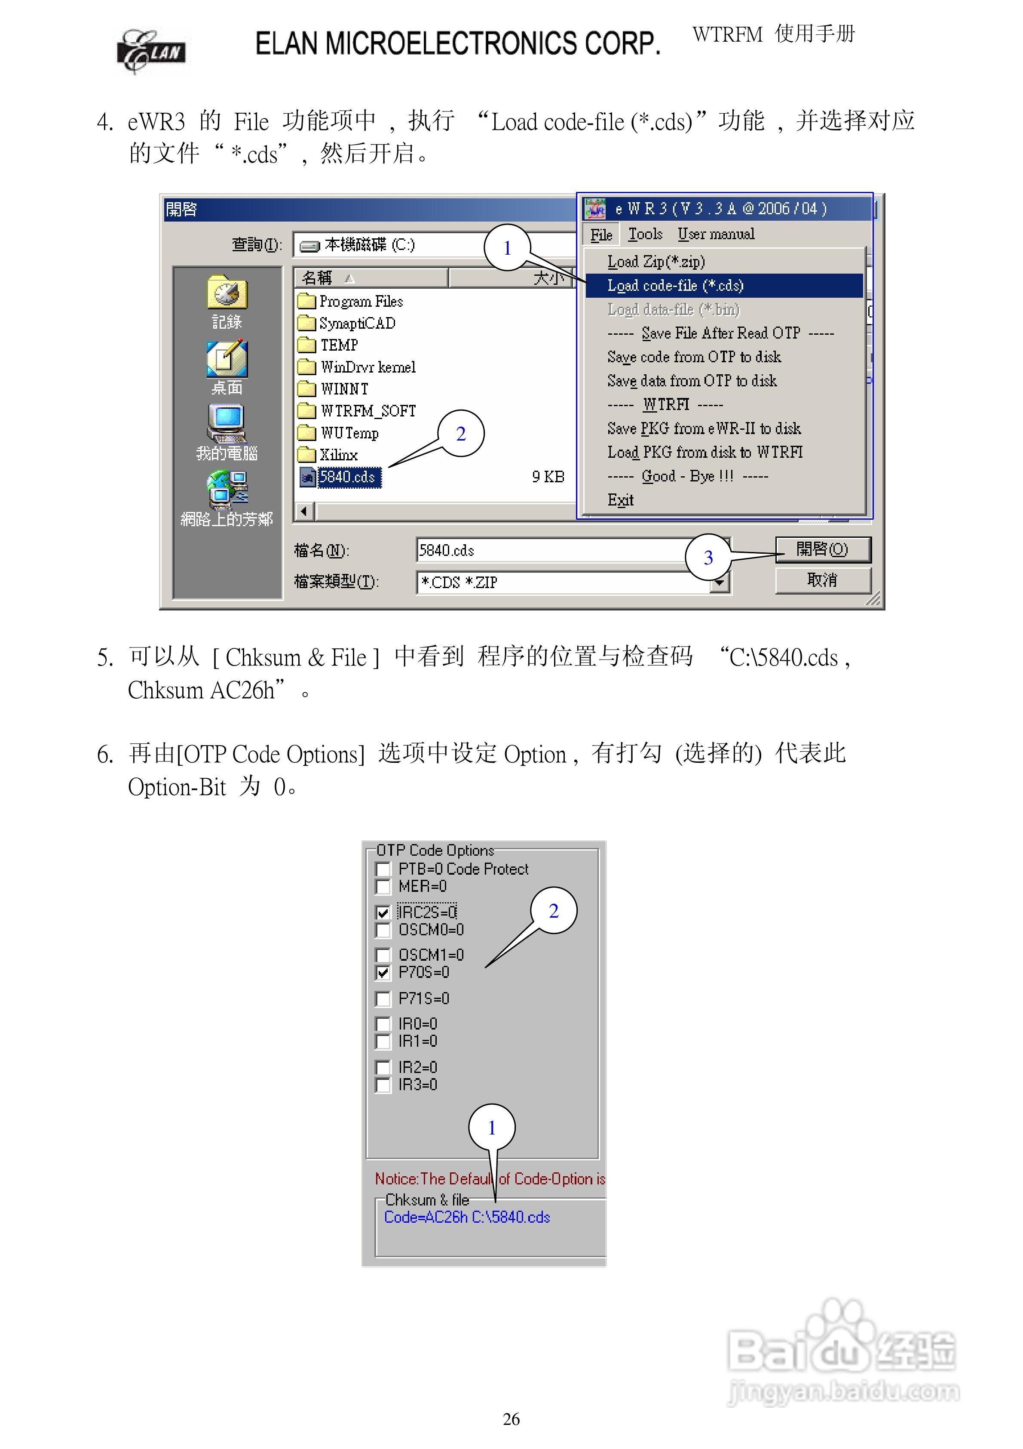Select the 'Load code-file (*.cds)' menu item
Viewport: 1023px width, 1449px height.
[x=675, y=285]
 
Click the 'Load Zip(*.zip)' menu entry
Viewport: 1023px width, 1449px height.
[x=656, y=261]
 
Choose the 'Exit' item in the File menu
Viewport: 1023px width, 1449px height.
[x=621, y=500]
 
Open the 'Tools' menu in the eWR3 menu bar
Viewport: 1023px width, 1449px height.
[x=645, y=234]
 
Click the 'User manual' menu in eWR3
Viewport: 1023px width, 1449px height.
[x=716, y=234]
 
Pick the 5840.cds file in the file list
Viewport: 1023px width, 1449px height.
[x=347, y=477]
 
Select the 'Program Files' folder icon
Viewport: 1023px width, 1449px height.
[x=306, y=301]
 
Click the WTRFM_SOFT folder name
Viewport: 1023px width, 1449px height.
[x=368, y=411]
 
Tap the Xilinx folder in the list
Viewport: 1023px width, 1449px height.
[x=339, y=454]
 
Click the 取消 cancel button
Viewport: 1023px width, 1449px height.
[x=822, y=580]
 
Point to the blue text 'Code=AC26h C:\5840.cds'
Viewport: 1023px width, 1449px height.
[x=467, y=1217]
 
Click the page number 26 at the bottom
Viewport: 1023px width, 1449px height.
[x=512, y=1419]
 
